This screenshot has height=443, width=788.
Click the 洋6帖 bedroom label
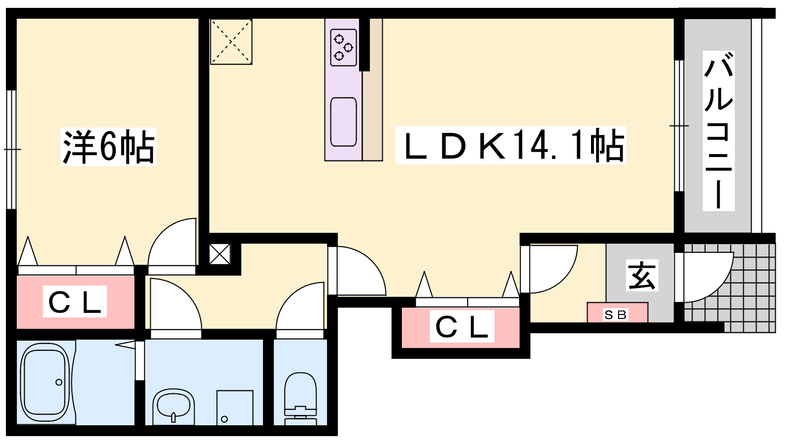coord(108,147)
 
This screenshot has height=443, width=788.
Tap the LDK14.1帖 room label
coord(511,145)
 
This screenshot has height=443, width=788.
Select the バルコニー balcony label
coord(719,131)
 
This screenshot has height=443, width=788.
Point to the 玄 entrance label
coord(642,275)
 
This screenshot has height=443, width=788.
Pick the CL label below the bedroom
coord(75,302)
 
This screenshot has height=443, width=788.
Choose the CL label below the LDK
coord(462,326)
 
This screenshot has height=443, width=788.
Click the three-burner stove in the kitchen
coord(344,47)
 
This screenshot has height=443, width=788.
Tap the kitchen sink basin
coord(344,122)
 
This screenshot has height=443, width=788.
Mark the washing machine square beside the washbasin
coord(234,408)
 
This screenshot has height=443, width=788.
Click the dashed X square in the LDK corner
coord(231,42)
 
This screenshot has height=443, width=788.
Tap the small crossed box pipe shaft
coord(220,254)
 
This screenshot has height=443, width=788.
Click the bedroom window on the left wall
coord(12,150)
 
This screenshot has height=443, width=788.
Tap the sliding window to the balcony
coord(679,126)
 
